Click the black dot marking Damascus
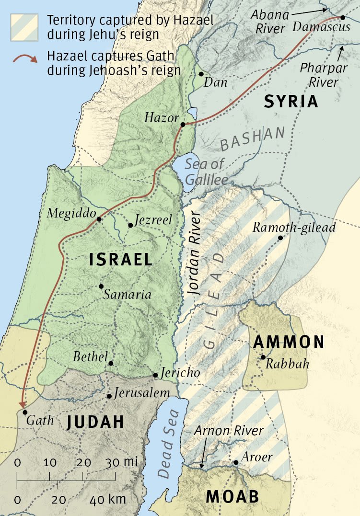pos(343,17)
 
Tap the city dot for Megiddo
pos(99,219)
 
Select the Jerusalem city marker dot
pos(109,396)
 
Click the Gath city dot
pos(25,412)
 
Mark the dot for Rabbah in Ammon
pos(263,357)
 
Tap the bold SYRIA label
pos(291,101)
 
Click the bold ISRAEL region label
pos(121,260)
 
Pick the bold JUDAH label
pos(95,422)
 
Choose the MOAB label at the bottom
pos(232,497)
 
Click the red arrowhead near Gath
pos(22,404)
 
